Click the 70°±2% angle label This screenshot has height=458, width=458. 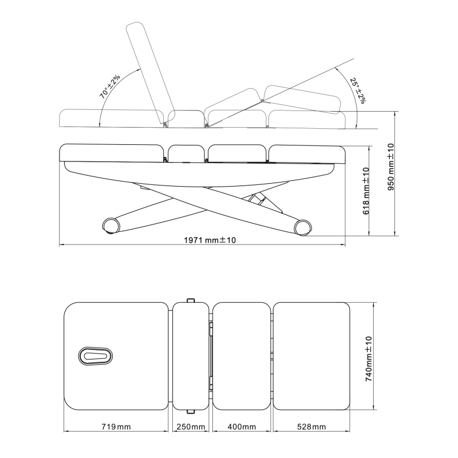pos(110,86)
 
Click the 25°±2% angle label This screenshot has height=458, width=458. pos(358,90)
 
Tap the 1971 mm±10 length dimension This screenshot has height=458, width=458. pos(210,240)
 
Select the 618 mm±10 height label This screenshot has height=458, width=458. pos(366,191)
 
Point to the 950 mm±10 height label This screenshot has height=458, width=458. pos(391,167)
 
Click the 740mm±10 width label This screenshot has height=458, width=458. pos(369,359)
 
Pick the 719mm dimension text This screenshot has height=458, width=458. pos(116,427)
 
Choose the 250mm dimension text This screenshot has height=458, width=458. pos(191,427)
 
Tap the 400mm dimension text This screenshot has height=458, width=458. pos(242,427)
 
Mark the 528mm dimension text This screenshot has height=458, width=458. pos(311,427)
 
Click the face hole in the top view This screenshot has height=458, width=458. pos(96,356)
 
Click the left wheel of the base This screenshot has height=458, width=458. pos(111,226)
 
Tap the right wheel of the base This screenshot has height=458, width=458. pos(303,227)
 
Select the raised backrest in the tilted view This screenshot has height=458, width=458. pos(150,73)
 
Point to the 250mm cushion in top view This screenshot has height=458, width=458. pos(191,356)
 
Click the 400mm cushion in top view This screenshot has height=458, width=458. pos(242,356)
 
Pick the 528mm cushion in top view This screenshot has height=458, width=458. pos(311,356)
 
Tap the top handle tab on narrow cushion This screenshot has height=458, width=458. pos(191,300)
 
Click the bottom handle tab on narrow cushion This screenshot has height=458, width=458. pos(191,412)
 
